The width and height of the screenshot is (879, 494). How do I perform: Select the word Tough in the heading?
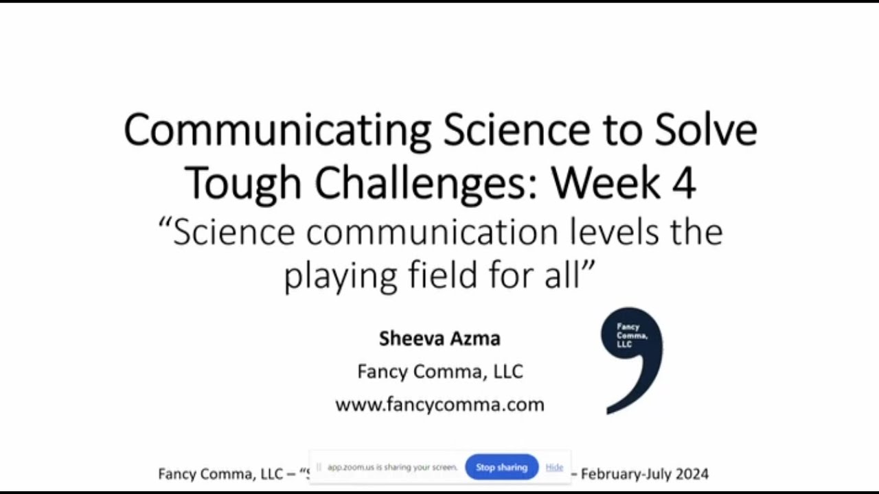coord(242,183)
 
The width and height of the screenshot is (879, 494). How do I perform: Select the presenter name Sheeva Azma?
coord(439,338)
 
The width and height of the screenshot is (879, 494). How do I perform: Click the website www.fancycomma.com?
coord(439,404)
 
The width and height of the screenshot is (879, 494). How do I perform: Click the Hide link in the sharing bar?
coord(554,467)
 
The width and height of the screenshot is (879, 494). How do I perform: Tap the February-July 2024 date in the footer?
coord(644,473)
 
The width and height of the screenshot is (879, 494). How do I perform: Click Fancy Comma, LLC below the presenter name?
coord(439,372)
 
